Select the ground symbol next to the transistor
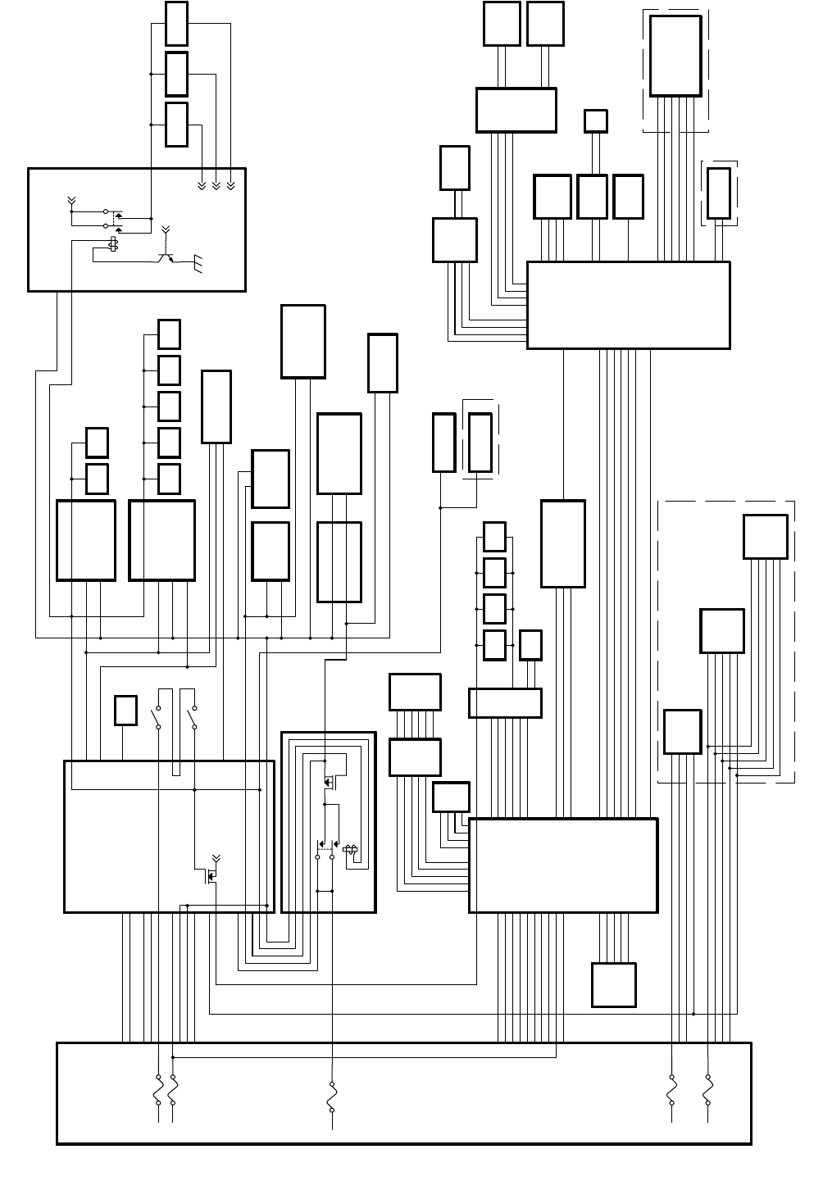[x=198, y=264]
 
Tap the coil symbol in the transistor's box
[x=114, y=244]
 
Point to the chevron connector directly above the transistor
[x=166, y=229]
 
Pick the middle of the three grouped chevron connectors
[x=216, y=186]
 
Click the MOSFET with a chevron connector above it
[x=210, y=875]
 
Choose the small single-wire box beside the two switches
[x=125, y=711]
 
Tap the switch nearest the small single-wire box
[x=157, y=717]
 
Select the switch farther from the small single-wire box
[x=193, y=717]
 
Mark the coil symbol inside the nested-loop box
[x=350, y=850]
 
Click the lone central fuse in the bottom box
[x=332, y=1096]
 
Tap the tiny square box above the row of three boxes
[x=596, y=121]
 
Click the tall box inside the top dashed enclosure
[x=675, y=56]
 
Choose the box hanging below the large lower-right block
[x=613, y=984]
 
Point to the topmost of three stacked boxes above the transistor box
[x=176, y=24]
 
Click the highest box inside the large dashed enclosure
[x=765, y=537]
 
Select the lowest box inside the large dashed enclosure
[x=682, y=731]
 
